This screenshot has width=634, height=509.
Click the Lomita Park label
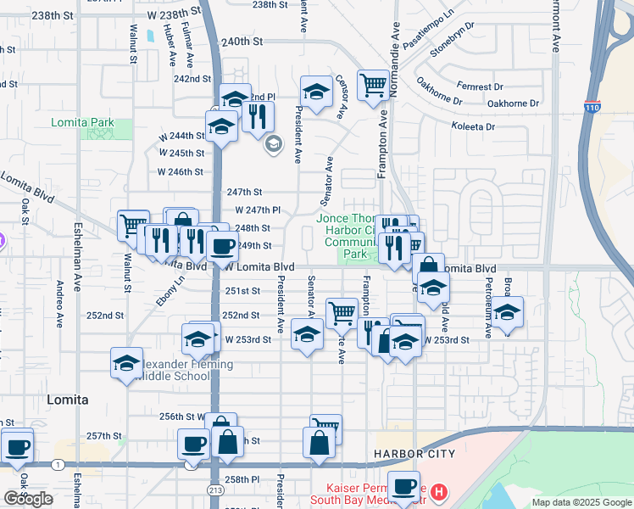(x=82, y=123)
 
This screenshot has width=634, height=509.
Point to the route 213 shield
(x=215, y=491)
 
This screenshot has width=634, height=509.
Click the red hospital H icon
(x=438, y=491)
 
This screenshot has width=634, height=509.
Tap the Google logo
(x=27, y=499)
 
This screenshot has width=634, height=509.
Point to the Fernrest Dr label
(x=480, y=87)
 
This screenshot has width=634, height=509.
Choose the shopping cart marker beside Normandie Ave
(x=373, y=84)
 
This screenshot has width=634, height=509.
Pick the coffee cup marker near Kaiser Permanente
(x=403, y=487)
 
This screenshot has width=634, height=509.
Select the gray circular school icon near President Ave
(x=273, y=144)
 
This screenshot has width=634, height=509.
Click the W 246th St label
(x=181, y=171)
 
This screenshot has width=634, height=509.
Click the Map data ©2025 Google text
(x=581, y=502)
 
